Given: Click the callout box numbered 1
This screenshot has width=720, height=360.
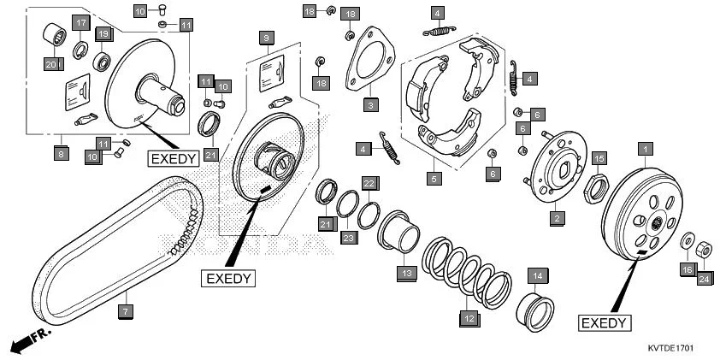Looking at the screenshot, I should click(x=642, y=148).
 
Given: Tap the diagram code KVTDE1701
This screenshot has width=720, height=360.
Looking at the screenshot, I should click(x=670, y=349).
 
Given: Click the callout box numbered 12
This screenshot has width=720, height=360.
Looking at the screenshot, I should click(x=468, y=317).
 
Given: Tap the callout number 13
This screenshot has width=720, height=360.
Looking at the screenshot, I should click(x=405, y=273).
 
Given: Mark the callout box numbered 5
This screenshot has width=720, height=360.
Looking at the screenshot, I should click(x=434, y=179).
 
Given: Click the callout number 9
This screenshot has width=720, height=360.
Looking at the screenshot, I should click(x=267, y=38).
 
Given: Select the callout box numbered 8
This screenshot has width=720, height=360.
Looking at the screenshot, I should click(x=61, y=154).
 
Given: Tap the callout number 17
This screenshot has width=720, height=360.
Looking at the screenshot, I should click(x=80, y=22).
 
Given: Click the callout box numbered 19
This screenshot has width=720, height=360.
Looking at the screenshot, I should click(x=103, y=33).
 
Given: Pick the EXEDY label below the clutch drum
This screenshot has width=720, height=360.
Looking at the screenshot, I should click(x=605, y=322).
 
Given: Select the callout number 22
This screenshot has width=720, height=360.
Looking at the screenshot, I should click(x=369, y=183).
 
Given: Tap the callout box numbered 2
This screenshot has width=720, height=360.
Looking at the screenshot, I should click(x=556, y=219).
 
